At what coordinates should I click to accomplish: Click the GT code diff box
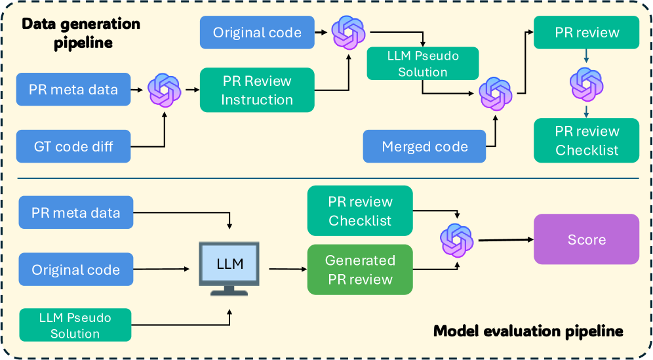tap(73, 146)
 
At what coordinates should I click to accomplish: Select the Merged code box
tap(425, 146)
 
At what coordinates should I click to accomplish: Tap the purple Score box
tap(587, 239)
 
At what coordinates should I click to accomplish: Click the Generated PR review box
tap(360, 270)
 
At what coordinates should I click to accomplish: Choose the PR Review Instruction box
tap(257, 90)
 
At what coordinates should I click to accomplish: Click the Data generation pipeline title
tap(81, 33)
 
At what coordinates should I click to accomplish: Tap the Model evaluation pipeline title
tap(528, 331)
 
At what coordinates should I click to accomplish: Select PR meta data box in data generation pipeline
tap(73, 89)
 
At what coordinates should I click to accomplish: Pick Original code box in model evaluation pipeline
tap(75, 270)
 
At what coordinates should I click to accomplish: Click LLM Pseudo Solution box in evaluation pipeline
tap(75, 325)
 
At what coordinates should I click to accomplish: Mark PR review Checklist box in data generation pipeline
tap(587, 140)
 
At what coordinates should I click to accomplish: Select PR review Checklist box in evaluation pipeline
tap(360, 211)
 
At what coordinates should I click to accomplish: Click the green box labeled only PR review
tap(587, 32)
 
